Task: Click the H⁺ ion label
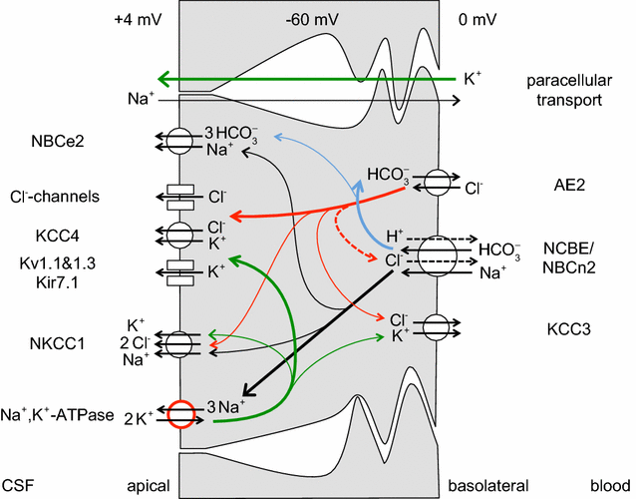tap(398, 236)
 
